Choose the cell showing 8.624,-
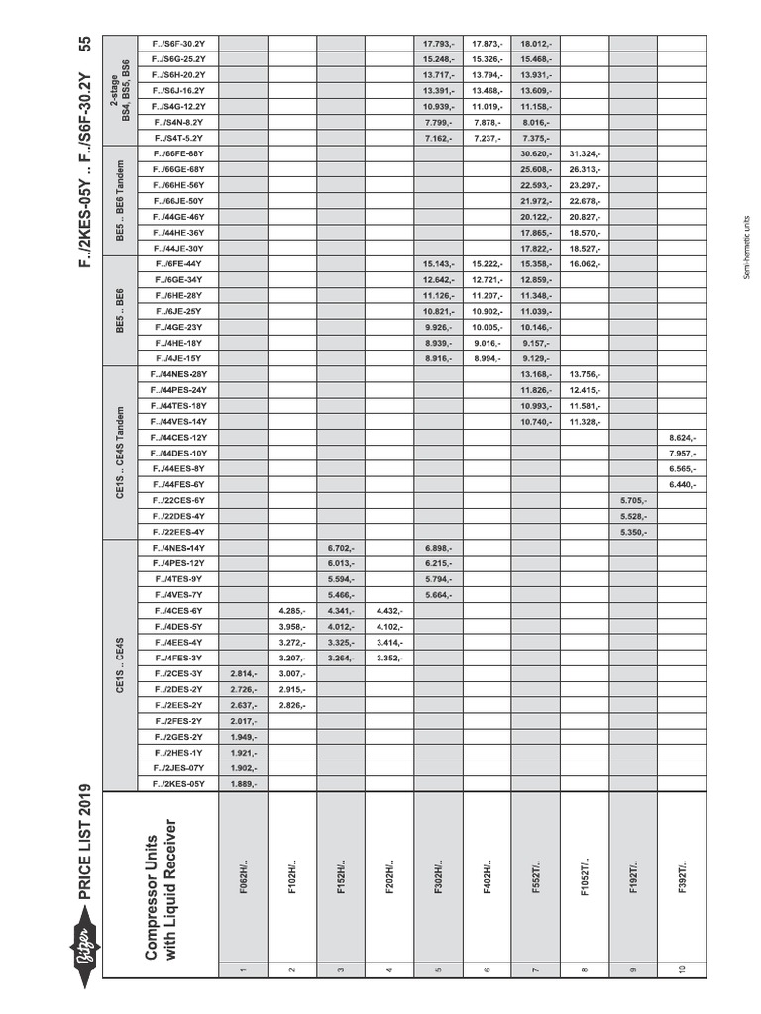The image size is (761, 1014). [x=682, y=437]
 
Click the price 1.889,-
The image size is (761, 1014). [x=243, y=784]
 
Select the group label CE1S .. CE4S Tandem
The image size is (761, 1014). [x=120, y=453]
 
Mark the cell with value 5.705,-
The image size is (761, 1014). [x=633, y=500]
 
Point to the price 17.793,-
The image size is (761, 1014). [x=437, y=43]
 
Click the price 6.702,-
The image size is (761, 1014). [x=340, y=548]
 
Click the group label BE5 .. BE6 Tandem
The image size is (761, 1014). [x=120, y=201]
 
